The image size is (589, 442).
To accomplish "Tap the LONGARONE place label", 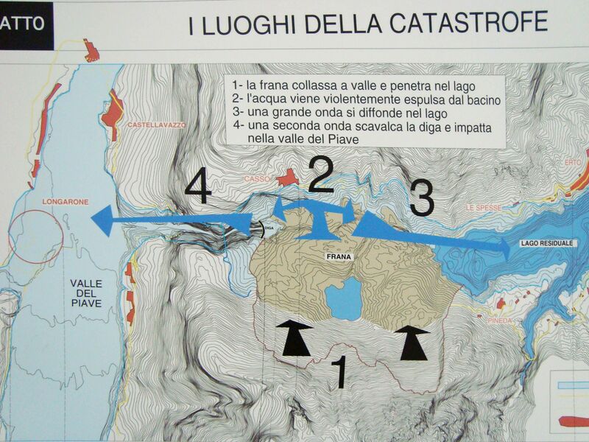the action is coord(66,202).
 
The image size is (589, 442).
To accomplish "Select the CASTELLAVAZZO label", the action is coord(157,124).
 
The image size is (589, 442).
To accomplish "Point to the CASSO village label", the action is coord(257,179).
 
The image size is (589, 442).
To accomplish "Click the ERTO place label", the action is coord(573,162).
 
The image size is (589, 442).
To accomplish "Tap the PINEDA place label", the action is coord(500,320).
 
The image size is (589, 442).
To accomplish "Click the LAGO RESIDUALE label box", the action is coord(546,243).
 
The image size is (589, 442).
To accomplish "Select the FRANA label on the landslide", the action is coord(339,256).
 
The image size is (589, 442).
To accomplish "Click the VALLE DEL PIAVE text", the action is coord(86,293).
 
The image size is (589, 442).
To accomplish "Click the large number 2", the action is coord(321,175).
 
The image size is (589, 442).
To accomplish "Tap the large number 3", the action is coord(422,198).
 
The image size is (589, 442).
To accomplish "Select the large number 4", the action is coord(198,186).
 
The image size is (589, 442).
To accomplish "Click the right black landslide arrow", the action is coord(413,343).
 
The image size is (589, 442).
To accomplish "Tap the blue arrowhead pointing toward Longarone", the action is coord(102,220).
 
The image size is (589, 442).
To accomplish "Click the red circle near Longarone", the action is coord(35,236).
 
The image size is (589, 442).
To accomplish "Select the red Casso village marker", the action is coord(289,178).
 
